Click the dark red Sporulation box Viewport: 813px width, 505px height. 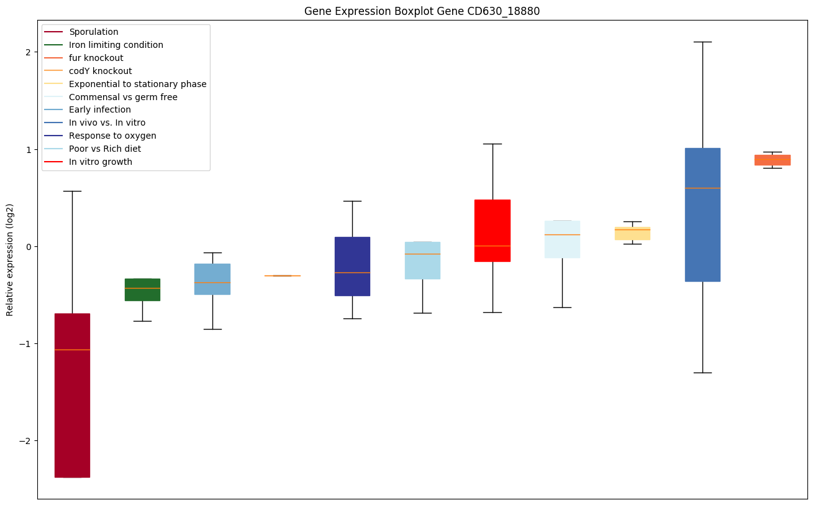pyautogui.click(x=72, y=396)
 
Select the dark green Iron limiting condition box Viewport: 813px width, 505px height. pyautogui.click(x=142, y=290)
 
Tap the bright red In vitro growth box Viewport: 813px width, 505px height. pyautogui.click(x=493, y=230)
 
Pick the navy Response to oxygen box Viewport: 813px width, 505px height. pyautogui.click(x=352, y=266)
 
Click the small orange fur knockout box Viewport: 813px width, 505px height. pyautogui.click(x=773, y=160)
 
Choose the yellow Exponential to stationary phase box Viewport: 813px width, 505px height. pyautogui.click(x=633, y=233)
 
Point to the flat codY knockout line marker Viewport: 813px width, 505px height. pyautogui.click(x=283, y=276)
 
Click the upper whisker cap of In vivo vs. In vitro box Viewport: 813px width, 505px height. pyautogui.click(x=702, y=42)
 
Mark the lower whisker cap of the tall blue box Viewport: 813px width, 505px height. pyautogui.click(x=702, y=373)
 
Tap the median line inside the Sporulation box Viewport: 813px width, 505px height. pyautogui.click(x=72, y=350)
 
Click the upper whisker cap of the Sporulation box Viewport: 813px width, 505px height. pyautogui.click(x=72, y=191)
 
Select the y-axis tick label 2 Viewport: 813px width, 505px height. pyautogui.click(x=29, y=52)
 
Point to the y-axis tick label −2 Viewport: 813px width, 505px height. pyautogui.click(x=25, y=441)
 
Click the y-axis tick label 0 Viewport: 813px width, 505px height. pyautogui.click(x=29, y=247)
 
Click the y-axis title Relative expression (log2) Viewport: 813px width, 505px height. pyautogui.click(x=9, y=260)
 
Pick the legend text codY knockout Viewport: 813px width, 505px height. pyautogui.click(x=100, y=71)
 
